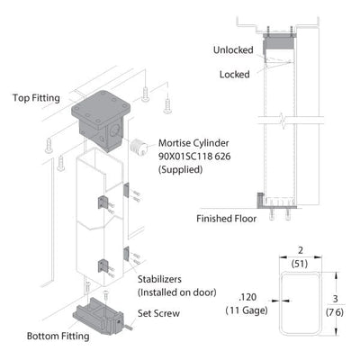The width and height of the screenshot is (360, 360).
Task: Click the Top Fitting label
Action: pyautogui.click(x=36, y=98)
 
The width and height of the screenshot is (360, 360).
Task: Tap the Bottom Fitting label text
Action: pyautogui.click(x=58, y=336)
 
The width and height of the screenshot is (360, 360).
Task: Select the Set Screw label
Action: pyautogui.click(x=158, y=313)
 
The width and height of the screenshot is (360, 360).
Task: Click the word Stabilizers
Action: pyautogui.click(x=159, y=279)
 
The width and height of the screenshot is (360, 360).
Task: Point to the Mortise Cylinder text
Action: pyautogui.click(x=193, y=143)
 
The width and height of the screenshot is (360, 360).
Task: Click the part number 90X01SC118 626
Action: pyautogui.click(x=194, y=157)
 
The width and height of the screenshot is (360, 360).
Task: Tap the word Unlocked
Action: pyautogui.click(x=233, y=50)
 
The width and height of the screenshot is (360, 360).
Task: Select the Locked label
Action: pyautogui.click(x=235, y=75)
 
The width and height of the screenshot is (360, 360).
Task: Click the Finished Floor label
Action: pyautogui.click(x=227, y=219)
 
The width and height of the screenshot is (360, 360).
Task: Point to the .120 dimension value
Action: pyautogui.click(x=247, y=297)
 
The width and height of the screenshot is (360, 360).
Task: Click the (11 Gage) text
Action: pyautogui.click(x=247, y=310)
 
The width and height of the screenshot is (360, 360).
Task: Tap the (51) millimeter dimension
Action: pyautogui.click(x=300, y=264)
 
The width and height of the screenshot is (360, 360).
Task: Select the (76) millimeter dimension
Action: pyautogui.click(x=335, y=312)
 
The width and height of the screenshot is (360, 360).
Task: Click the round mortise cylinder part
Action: pyautogui.click(x=139, y=147)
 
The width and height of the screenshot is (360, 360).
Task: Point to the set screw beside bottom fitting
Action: pyautogui.click(x=128, y=327)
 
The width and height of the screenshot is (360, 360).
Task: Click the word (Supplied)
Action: pyautogui.click(x=181, y=170)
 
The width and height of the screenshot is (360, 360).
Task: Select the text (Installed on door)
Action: pyautogui.click(x=177, y=292)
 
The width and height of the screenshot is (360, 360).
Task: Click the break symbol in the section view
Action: pyautogui.click(x=283, y=120)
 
